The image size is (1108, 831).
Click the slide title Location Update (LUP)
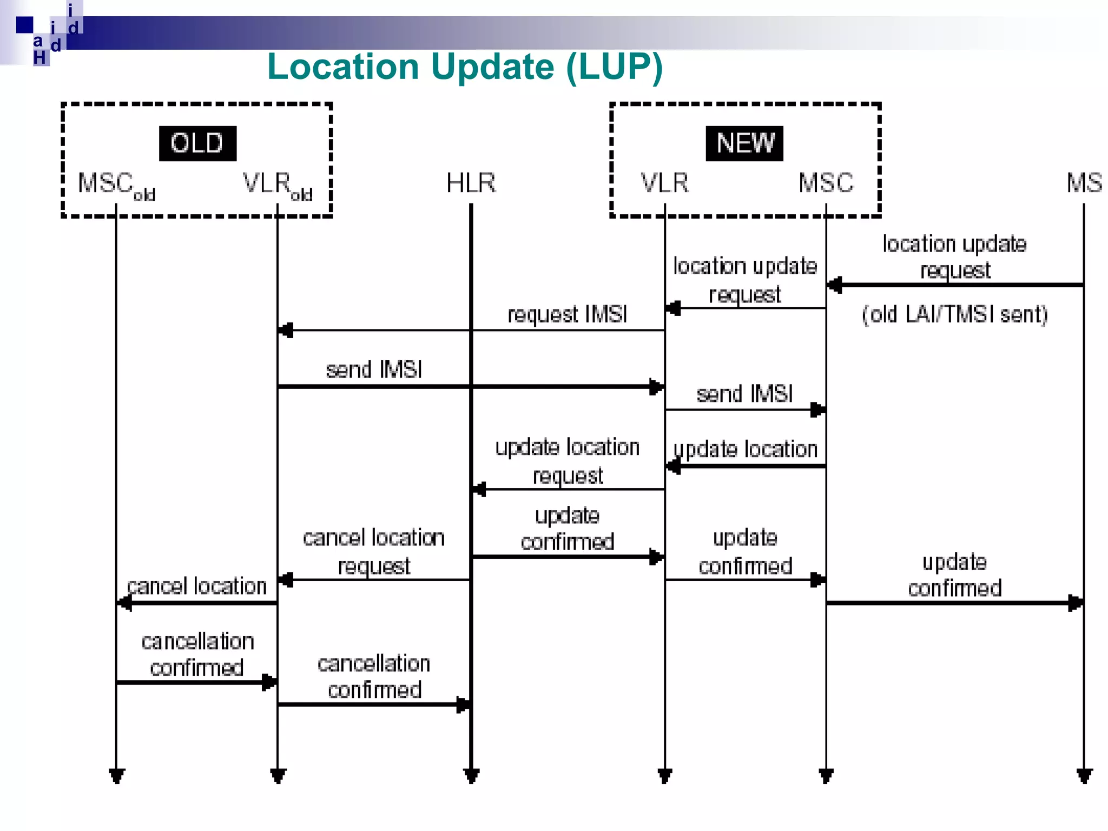(465, 67)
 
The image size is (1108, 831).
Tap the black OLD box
(197, 143)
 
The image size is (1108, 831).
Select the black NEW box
(744, 143)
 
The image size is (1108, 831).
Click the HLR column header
(471, 183)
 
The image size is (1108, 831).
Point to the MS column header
(1084, 183)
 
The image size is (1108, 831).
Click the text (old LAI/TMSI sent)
(954, 314)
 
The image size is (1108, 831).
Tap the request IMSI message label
(567, 314)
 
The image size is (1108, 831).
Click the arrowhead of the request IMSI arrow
(285, 330)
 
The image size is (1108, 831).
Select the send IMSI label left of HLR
(374, 370)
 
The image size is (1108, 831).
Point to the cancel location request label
(374, 551)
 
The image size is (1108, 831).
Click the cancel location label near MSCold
(197, 586)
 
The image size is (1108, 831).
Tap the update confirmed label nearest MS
(954, 575)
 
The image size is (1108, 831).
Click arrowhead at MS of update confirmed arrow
(1076, 603)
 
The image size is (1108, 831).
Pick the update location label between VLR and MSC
(745, 450)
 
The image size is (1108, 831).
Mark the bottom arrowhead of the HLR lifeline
(471, 776)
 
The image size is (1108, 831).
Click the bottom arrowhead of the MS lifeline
(1084, 776)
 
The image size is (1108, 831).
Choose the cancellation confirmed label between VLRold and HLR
(374, 677)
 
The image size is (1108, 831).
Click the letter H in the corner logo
(39, 57)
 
